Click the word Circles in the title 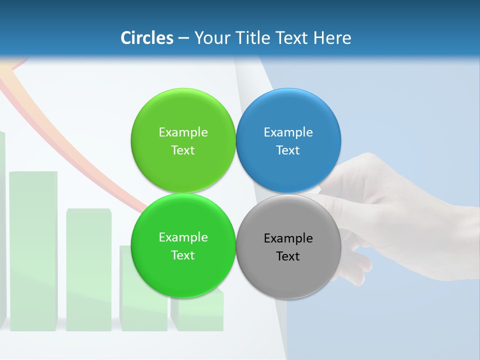point(146,38)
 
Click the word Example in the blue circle point(288,132)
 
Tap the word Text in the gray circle point(288,256)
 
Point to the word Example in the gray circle point(288,238)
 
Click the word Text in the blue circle point(288,150)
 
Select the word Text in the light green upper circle point(183,150)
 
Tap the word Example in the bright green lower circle point(183,237)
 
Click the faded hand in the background point(400,210)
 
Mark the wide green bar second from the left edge point(33,250)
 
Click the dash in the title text point(183,38)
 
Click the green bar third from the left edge point(88,270)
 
